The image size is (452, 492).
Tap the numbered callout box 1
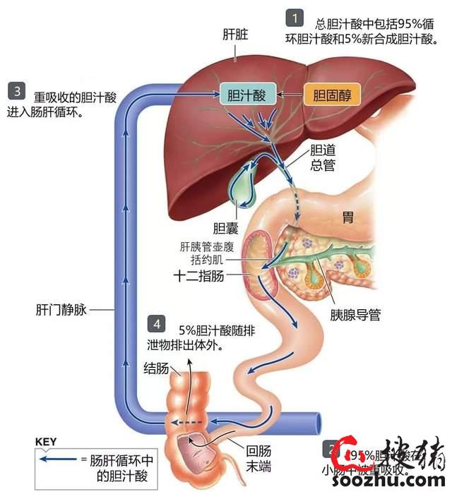(294, 18)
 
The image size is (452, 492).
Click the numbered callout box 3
(16, 90)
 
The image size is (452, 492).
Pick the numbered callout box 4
(157, 325)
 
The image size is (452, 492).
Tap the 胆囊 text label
(225, 229)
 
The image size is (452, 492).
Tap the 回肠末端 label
(257, 460)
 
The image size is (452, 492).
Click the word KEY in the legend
(45, 442)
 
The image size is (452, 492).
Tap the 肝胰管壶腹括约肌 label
(211, 253)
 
